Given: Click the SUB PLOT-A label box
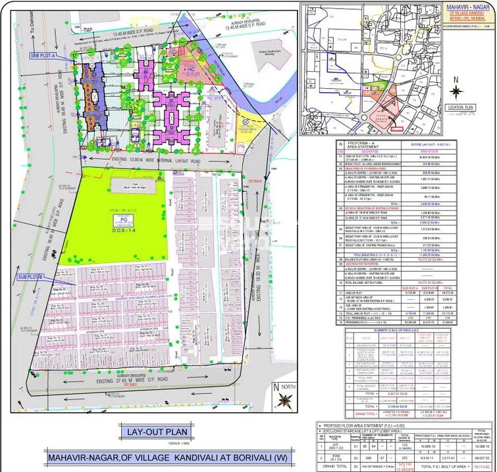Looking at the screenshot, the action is (x=43, y=57).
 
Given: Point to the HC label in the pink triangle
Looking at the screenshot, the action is (x=192, y=68).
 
